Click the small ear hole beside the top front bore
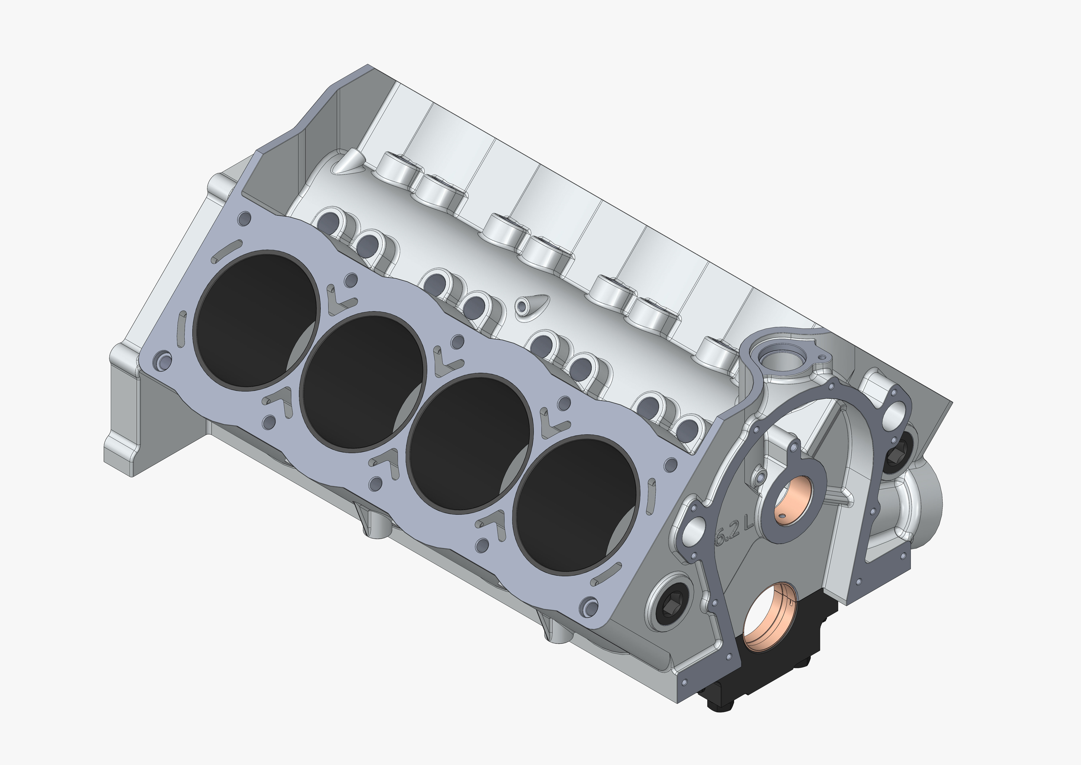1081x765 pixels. coord(822,358)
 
